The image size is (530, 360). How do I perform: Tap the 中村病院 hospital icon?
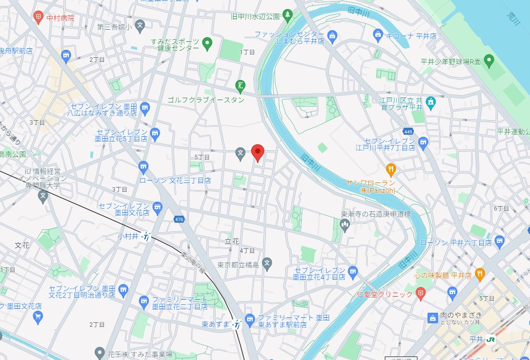coord(39,18)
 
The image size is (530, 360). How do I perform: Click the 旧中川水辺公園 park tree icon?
coord(287,16)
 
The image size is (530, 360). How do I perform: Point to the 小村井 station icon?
coord(146,236)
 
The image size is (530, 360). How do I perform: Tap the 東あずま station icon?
coord(237,325)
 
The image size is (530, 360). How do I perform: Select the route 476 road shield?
coord(179,219)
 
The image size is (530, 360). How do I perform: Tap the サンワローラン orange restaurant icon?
coord(390,168)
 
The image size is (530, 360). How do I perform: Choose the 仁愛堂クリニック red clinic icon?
coord(420,294)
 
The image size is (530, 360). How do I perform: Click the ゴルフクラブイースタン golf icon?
coord(241,86)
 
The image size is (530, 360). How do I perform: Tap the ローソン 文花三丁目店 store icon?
coord(144,166)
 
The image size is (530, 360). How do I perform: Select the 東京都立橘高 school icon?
coord(267,262)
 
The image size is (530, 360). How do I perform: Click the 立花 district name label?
coord(232,242)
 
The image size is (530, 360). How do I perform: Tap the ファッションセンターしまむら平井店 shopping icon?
coord(332,35)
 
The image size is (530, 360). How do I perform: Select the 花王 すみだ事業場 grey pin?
coord(99,353)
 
